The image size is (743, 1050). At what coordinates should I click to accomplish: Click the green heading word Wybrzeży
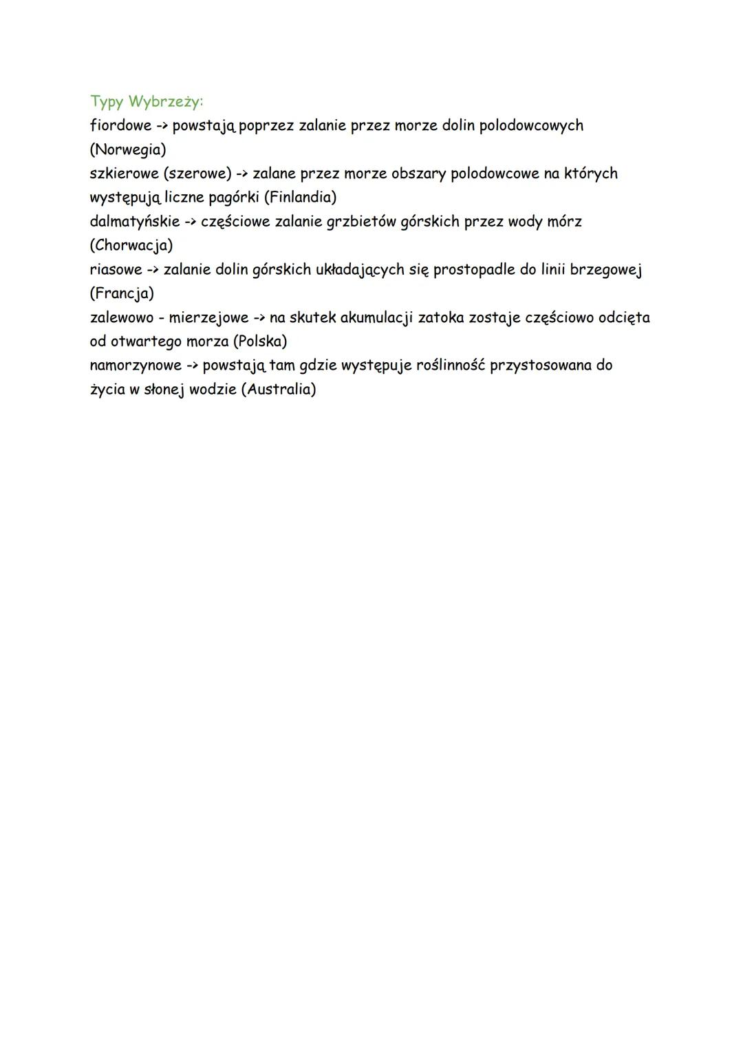point(166,102)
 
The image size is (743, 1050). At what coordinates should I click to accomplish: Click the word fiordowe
point(120,125)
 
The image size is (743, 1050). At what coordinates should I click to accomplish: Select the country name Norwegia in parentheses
point(128,149)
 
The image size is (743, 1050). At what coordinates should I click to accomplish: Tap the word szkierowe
point(124,174)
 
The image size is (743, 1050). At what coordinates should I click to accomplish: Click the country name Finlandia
point(301,198)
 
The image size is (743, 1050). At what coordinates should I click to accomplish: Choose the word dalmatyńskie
point(135,222)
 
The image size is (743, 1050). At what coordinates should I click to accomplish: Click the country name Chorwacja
point(131,245)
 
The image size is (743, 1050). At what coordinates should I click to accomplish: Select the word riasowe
point(116,269)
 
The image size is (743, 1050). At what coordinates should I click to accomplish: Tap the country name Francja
point(122,293)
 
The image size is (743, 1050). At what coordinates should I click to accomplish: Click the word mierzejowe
point(208,317)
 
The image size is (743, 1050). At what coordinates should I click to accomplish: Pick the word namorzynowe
point(136,365)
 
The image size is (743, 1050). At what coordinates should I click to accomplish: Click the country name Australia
point(279,389)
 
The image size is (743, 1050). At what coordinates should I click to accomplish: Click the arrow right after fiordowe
point(162,126)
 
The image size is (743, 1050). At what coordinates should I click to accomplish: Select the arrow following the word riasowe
point(153,270)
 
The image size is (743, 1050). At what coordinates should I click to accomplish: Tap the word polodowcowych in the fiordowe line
point(531,125)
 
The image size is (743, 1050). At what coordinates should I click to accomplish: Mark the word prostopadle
point(474,269)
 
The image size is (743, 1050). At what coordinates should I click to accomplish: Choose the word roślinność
point(450,365)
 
